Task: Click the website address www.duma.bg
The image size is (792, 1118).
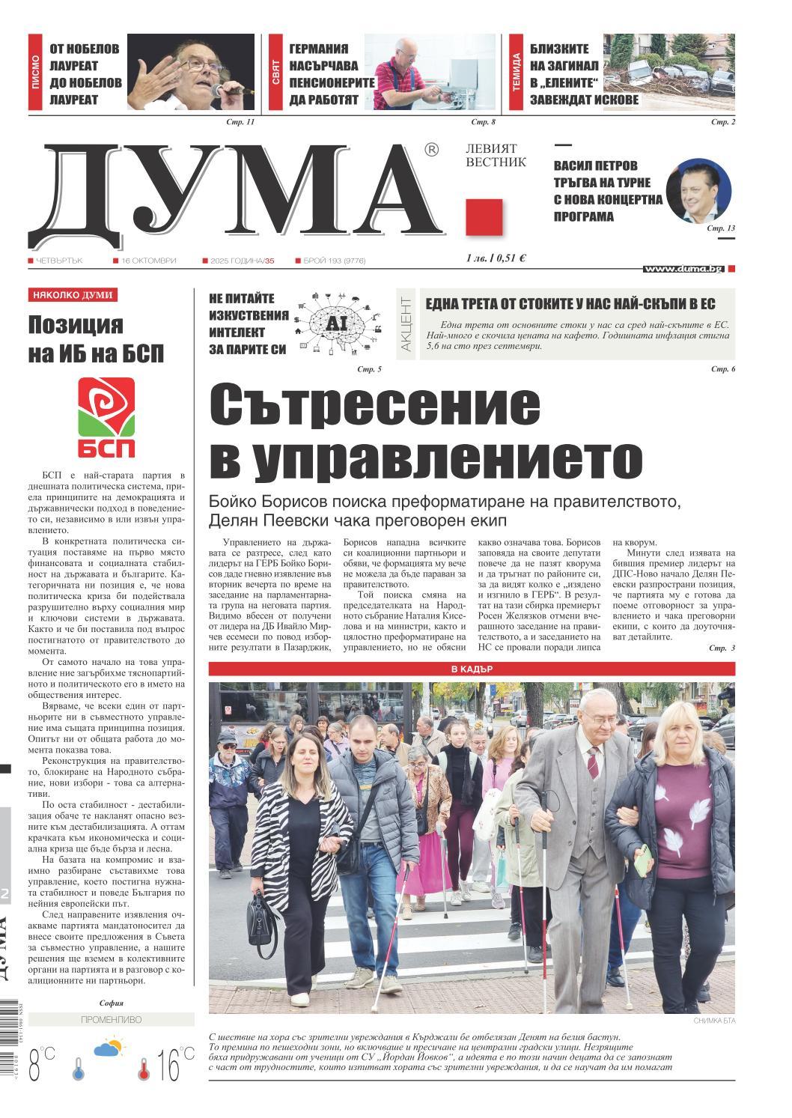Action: click(x=683, y=268)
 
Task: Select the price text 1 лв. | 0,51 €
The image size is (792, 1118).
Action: click(x=495, y=258)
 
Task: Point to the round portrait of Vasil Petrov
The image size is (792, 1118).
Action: click(x=698, y=191)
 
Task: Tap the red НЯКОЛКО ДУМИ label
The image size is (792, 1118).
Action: click(x=73, y=295)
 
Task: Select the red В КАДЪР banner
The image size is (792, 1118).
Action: click(x=472, y=669)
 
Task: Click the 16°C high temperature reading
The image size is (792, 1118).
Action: click(x=168, y=1066)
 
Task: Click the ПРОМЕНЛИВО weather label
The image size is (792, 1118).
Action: click(x=111, y=1020)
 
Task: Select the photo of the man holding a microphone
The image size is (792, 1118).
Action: click(x=192, y=73)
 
